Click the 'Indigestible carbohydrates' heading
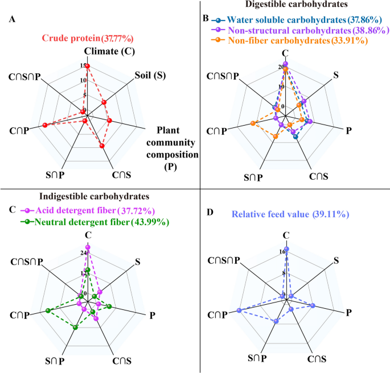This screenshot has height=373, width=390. [93, 197]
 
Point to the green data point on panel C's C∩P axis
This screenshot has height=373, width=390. [48, 310]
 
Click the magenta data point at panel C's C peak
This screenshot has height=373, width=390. [88, 247]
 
